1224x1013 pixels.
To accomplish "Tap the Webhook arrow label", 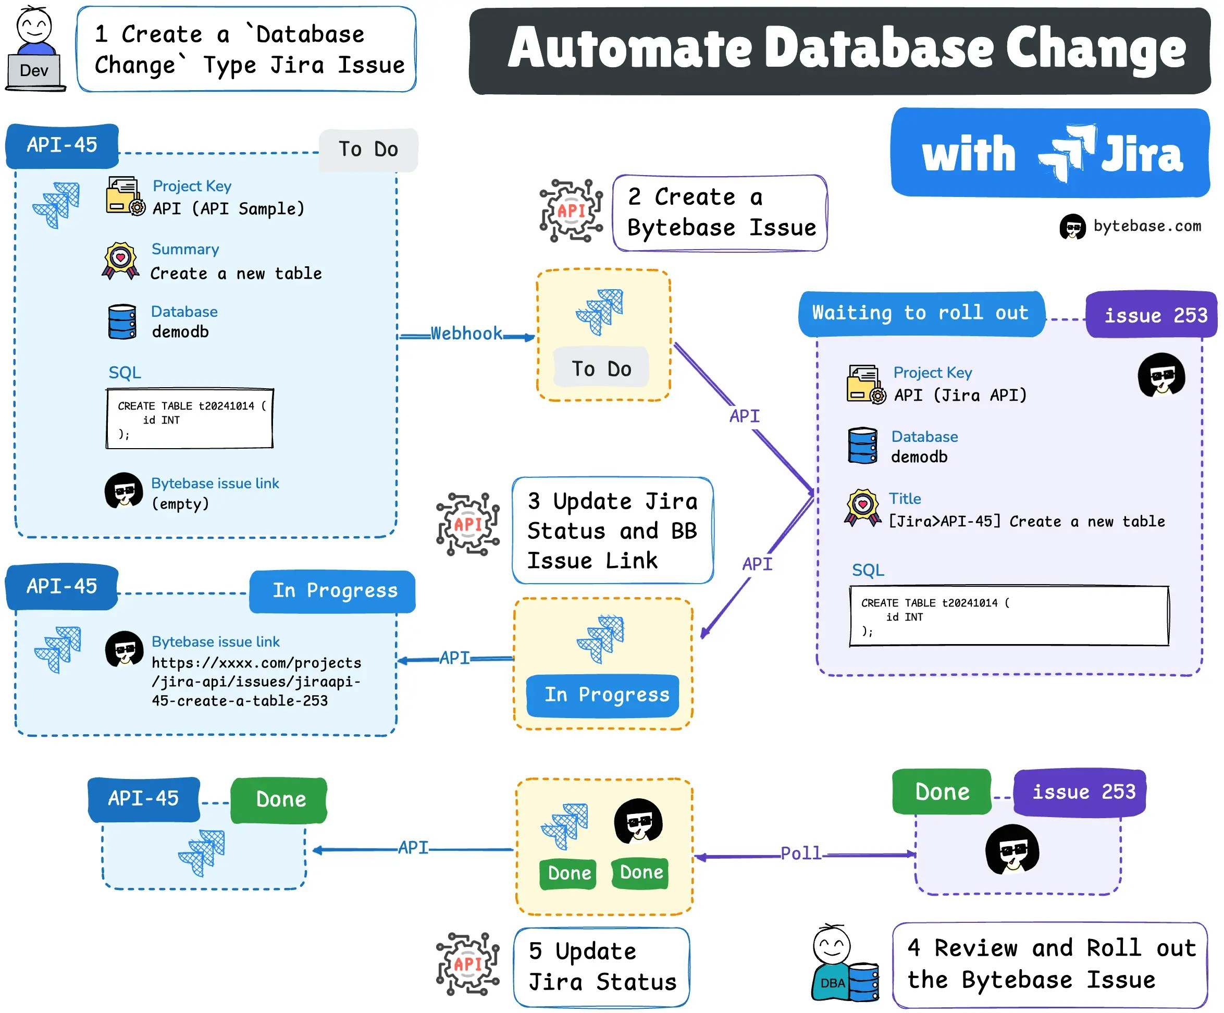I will point(466,333).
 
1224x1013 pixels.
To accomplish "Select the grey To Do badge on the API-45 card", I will point(368,149).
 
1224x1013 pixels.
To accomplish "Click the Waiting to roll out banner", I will point(920,313).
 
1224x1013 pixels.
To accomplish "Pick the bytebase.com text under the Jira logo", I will point(1146,226).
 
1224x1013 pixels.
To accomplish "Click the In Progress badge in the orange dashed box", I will point(603,695).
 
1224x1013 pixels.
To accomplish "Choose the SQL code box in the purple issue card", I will point(1008,616).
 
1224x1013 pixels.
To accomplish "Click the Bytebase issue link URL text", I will point(256,682).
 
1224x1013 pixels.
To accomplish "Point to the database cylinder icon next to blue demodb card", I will point(122,322).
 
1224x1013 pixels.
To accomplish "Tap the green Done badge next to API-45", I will point(279,799).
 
